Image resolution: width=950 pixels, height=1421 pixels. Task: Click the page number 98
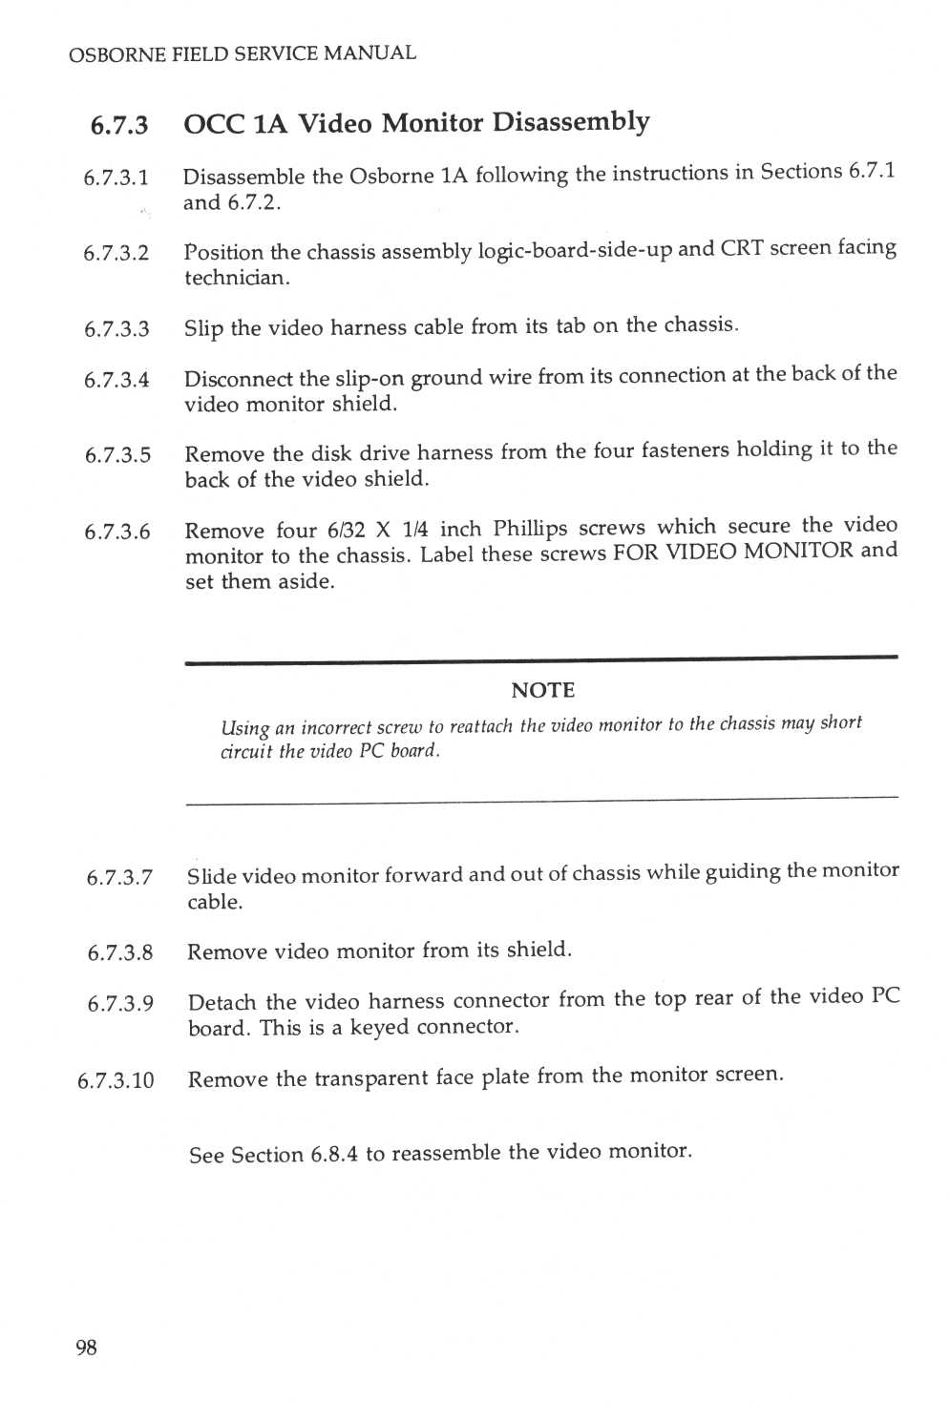tap(86, 1348)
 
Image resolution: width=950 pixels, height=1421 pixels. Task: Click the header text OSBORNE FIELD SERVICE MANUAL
tap(243, 54)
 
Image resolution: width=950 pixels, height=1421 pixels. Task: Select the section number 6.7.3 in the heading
tap(119, 125)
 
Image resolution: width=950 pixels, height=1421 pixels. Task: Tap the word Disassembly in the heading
tap(571, 123)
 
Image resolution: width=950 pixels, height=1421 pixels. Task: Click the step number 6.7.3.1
tap(116, 178)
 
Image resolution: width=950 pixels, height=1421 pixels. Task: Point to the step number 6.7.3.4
tap(116, 380)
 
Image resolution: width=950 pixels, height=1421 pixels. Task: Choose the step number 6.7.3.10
tap(116, 1080)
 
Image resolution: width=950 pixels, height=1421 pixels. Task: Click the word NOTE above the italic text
tap(542, 690)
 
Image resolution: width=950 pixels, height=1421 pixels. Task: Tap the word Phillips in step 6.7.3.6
tap(530, 529)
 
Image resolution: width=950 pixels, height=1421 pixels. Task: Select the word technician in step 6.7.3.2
tap(236, 278)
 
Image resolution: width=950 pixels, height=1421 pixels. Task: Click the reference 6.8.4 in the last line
tap(334, 1155)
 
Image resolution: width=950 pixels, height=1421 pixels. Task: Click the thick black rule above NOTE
tap(541, 658)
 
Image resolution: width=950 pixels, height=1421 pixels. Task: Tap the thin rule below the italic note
tap(541, 798)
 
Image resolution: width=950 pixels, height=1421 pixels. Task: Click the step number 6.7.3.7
tap(119, 877)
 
